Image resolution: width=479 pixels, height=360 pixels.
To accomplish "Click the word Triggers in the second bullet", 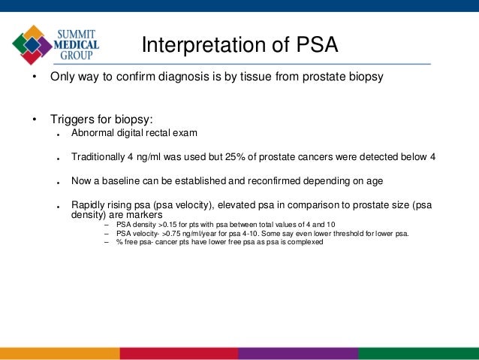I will click(x=73, y=119).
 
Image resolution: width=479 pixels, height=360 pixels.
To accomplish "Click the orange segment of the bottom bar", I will click(x=60, y=353).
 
